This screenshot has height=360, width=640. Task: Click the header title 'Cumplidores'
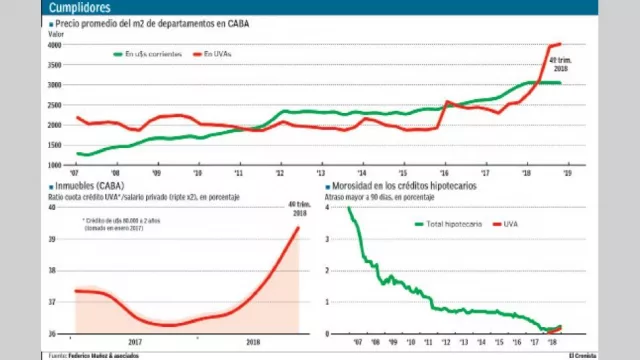tap(78, 8)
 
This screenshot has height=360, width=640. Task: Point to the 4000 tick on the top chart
tap(56, 45)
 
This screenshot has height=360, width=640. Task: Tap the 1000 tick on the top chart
tap(56, 164)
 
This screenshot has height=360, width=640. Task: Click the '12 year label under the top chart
tap(280, 172)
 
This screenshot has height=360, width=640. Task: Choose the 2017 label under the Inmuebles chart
tap(135, 341)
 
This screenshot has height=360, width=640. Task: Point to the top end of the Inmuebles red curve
tap(298, 228)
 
